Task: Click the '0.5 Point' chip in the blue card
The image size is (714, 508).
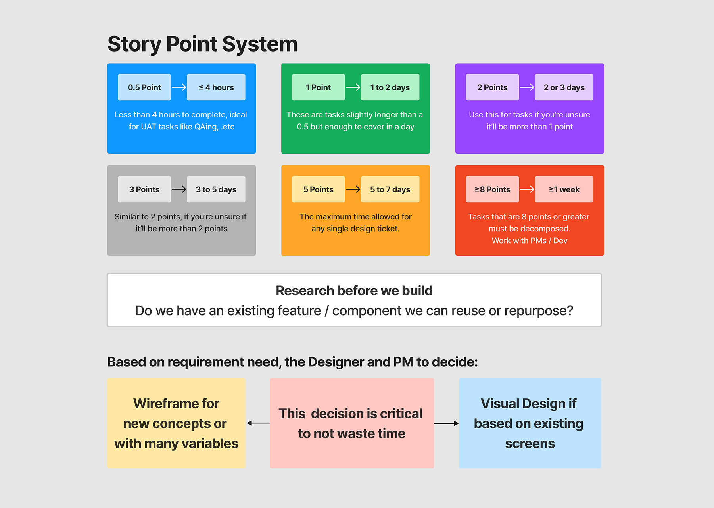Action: pos(144,87)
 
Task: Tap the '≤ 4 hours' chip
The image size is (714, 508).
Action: pos(216,87)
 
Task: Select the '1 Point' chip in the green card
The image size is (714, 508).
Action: pos(318,87)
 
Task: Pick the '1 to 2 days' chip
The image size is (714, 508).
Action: pos(390,87)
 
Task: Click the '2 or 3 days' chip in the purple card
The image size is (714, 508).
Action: pos(564,87)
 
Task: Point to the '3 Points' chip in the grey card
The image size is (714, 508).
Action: pos(144,189)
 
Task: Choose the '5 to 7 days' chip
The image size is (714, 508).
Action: pos(390,189)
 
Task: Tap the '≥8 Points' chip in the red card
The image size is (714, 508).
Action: pos(492,189)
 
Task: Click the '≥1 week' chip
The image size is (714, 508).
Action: pos(564,189)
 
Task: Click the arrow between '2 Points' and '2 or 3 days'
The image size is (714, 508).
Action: pos(527,87)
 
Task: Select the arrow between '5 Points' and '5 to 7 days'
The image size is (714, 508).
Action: pos(353,189)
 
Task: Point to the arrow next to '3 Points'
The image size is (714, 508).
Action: pos(179,189)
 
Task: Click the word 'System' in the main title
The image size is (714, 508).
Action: pos(260,44)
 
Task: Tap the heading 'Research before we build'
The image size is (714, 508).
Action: pos(354,291)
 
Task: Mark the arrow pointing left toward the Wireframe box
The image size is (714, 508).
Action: pos(258,423)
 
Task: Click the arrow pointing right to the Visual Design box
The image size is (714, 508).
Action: pos(446,423)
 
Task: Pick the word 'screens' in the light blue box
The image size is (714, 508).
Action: pos(530,443)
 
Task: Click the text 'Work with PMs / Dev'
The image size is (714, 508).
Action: pos(530,241)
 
